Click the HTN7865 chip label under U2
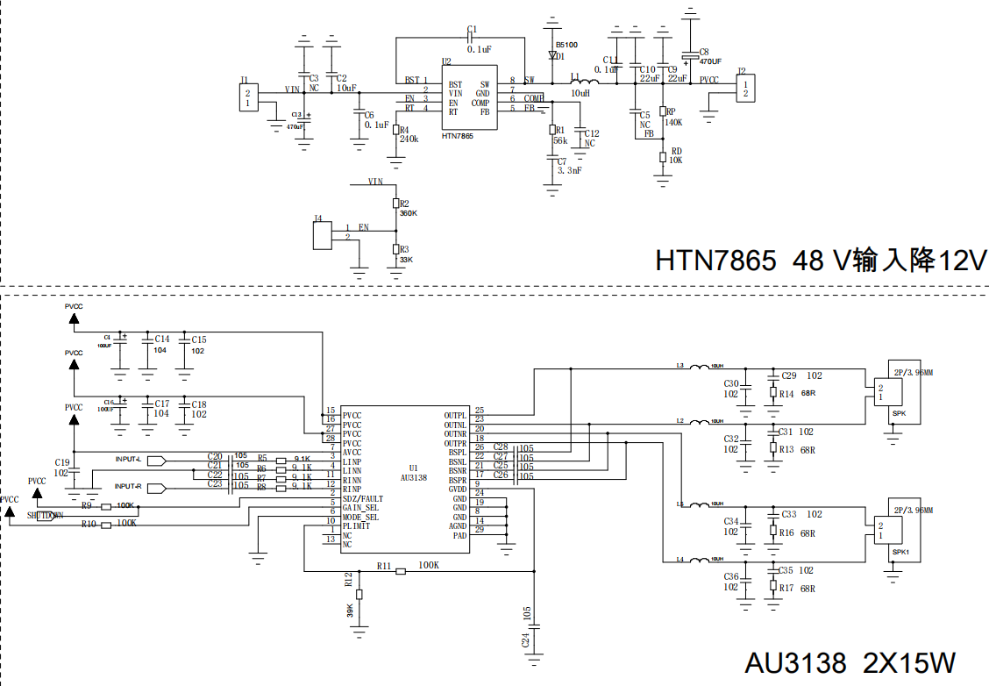pyautogui.click(x=458, y=136)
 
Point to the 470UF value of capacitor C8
pyautogui.click(x=710, y=61)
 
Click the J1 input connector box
pyautogui.click(x=248, y=97)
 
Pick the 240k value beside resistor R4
pyautogui.click(x=409, y=139)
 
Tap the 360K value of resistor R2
pyautogui.click(x=409, y=213)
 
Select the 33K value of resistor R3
pyautogui.click(x=405, y=261)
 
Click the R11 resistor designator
pyautogui.click(x=384, y=566)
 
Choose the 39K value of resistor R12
pyautogui.click(x=350, y=610)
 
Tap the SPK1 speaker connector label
pyautogui.click(x=900, y=553)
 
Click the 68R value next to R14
pyautogui.click(x=808, y=395)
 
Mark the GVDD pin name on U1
pyautogui.click(x=458, y=489)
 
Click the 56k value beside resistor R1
pyautogui.click(x=560, y=140)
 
